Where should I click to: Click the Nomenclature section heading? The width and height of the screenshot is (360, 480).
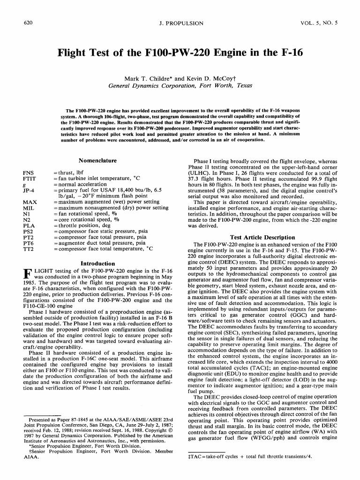tap(97, 160)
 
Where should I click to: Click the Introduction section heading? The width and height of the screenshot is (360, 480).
tap(97, 263)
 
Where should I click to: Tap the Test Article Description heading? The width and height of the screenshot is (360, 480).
tap(262, 237)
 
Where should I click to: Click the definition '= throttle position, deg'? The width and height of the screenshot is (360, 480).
tap(83, 225)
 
